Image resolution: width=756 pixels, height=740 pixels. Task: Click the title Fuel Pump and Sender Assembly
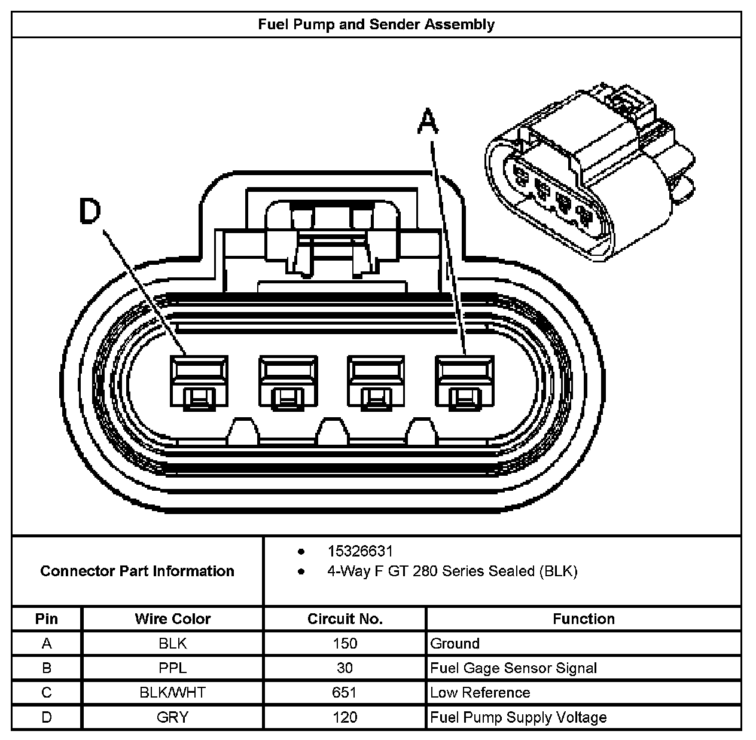(x=376, y=25)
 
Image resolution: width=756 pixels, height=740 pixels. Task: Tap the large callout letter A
(x=428, y=121)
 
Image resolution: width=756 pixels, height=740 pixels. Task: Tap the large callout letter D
(x=91, y=212)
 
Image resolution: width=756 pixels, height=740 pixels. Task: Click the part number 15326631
(x=359, y=551)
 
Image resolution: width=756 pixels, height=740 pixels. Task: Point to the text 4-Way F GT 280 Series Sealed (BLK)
(x=452, y=571)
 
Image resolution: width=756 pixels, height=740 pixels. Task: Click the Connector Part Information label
(x=137, y=571)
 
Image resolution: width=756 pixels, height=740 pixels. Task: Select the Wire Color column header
(x=172, y=619)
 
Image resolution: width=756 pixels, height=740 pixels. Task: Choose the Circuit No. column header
(x=345, y=619)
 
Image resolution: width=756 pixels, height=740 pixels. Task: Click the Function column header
(x=583, y=619)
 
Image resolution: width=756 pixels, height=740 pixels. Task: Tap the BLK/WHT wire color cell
(x=172, y=693)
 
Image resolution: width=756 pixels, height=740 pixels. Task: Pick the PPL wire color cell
(x=172, y=668)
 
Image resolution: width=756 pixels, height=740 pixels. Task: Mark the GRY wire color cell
(x=172, y=717)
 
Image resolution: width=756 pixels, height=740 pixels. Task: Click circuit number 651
(x=345, y=693)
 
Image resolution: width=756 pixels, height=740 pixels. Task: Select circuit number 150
(x=345, y=644)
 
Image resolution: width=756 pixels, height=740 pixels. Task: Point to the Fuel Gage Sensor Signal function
(x=513, y=668)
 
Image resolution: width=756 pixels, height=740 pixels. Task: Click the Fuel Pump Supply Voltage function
(x=518, y=717)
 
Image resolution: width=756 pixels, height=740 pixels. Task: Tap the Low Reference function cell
(x=480, y=693)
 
